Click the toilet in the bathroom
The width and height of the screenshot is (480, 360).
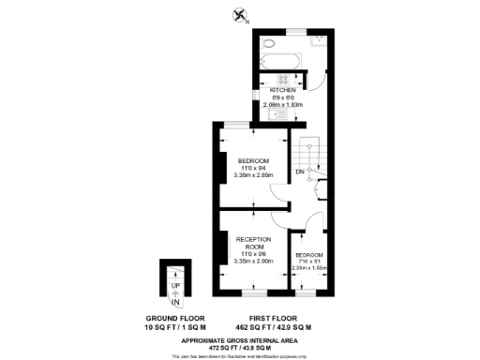(x=269, y=43)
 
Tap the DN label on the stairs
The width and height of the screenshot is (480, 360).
(x=300, y=172)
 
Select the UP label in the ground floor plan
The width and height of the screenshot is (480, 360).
(x=174, y=284)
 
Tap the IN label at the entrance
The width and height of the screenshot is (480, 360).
(x=174, y=302)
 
